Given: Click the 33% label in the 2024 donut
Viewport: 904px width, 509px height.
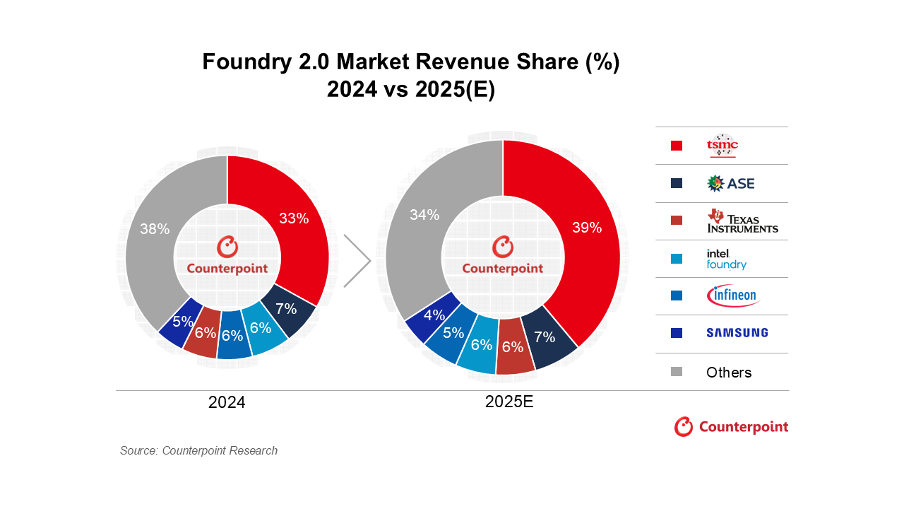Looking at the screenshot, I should point(294,218).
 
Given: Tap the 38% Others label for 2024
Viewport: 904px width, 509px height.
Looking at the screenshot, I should point(155,229).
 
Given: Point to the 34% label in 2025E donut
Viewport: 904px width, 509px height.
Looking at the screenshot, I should point(424,215).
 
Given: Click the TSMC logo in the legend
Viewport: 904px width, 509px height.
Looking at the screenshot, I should point(722,145).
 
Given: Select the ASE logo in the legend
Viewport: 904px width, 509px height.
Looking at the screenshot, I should point(730,183).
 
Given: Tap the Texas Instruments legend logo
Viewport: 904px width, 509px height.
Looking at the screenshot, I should point(742,221).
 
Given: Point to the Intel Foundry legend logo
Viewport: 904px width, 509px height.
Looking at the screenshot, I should point(726,259).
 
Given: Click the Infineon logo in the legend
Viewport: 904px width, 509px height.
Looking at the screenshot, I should point(732,296).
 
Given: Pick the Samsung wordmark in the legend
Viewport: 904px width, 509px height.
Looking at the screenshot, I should point(737,333).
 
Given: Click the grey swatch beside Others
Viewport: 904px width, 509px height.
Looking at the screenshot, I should point(677,372).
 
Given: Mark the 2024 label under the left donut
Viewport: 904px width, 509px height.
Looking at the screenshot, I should point(227,402).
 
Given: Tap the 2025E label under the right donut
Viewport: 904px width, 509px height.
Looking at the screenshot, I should point(509,402).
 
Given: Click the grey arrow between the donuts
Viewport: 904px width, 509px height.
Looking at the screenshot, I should point(357,262).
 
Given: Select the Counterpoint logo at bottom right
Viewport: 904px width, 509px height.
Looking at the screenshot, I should point(731,427).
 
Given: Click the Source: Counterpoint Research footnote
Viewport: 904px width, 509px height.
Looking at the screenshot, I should point(198,450).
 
